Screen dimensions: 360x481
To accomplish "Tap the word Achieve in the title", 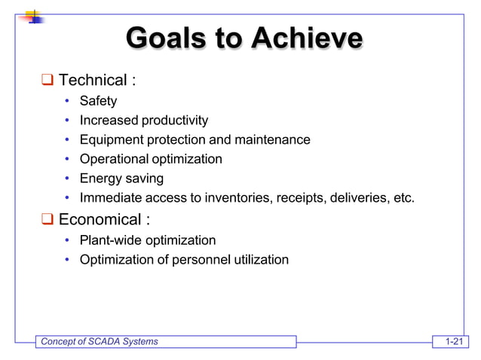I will [x=307, y=37].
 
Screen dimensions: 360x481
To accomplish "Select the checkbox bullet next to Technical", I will [x=47, y=80].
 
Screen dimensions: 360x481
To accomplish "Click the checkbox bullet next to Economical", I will [x=47, y=220].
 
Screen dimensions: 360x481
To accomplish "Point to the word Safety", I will [x=98, y=101].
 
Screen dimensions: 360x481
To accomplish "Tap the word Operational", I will [x=114, y=159].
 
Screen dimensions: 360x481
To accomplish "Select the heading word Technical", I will [x=93, y=80].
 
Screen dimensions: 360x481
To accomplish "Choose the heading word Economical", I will [x=100, y=220].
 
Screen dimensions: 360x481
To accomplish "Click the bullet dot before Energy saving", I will [x=67, y=179].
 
